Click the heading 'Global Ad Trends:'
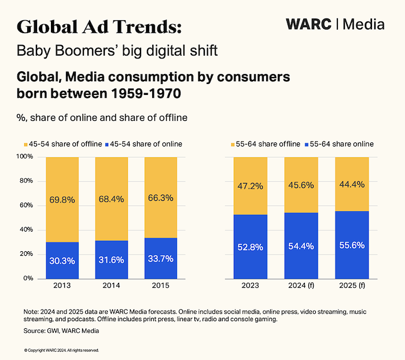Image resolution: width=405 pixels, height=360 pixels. pyautogui.click(x=99, y=26)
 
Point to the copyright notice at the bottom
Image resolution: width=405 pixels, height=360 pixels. pyautogui.click(x=62, y=350)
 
